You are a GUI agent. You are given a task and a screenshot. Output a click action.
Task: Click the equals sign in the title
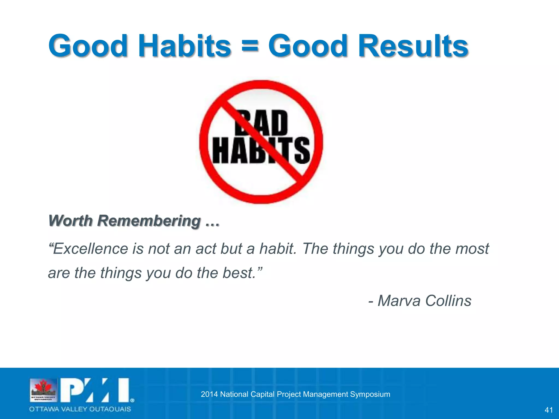(x=249, y=46)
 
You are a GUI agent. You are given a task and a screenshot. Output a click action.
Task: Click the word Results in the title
(x=413, y=46)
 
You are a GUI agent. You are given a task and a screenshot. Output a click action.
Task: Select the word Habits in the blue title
(x=185, y=46)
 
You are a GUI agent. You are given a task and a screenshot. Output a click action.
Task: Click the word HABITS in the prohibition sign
(x=261, y=150)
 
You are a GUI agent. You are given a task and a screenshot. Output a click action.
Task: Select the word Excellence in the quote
(x=90, y=249)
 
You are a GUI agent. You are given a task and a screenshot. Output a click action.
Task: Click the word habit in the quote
(x=277, y=249)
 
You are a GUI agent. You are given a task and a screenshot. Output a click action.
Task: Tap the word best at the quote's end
(x=238, y=273)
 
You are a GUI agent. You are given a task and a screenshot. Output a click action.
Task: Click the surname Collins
(x=448, y=301)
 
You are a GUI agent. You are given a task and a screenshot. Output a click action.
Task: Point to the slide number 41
(x=548, y=410)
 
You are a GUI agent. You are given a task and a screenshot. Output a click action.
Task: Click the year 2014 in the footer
(x=209, y=394)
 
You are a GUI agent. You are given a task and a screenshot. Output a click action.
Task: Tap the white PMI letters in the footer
(x=96, y=390)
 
